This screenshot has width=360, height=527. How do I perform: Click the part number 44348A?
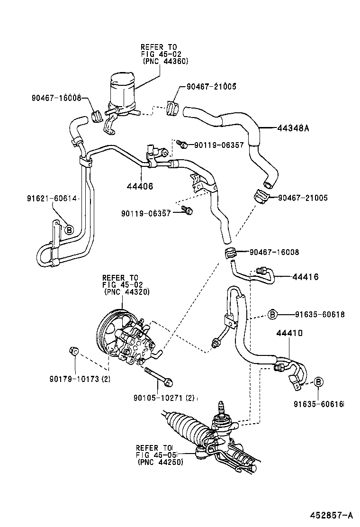pos(293,127)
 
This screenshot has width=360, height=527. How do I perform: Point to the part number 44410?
pos(289,334)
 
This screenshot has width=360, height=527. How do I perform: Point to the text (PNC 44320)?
pos(126,292)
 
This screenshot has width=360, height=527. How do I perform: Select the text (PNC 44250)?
pos(160,462)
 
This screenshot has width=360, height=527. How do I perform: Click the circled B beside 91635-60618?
pos(272,314)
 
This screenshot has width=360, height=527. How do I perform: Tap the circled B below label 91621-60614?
pos(69,230)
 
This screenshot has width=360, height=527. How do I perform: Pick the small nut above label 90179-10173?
pos(74,351)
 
